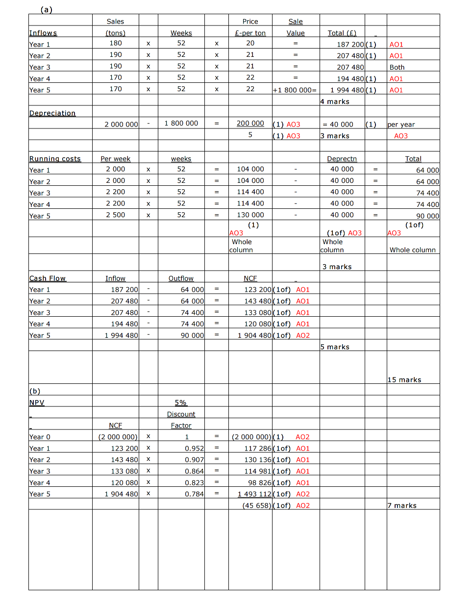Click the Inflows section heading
click(43, 33)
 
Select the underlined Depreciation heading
click(52, 113)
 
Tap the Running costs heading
click(55, 159)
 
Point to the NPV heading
click(36, 403)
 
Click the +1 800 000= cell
click(296, 90)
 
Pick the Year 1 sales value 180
click(115, 43)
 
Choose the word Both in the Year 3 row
click(397, 67)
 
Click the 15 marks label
click(404, 380)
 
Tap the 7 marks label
click(402, 506)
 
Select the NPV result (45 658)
click(257, 505)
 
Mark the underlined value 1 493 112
click(254, 494)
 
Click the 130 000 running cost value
click(250, 215)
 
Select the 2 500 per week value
click(116, 215)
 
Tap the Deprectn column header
click(342, 159)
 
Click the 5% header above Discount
click(181, 403)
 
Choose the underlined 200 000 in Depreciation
click(250, 124)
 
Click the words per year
click(401, 125)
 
